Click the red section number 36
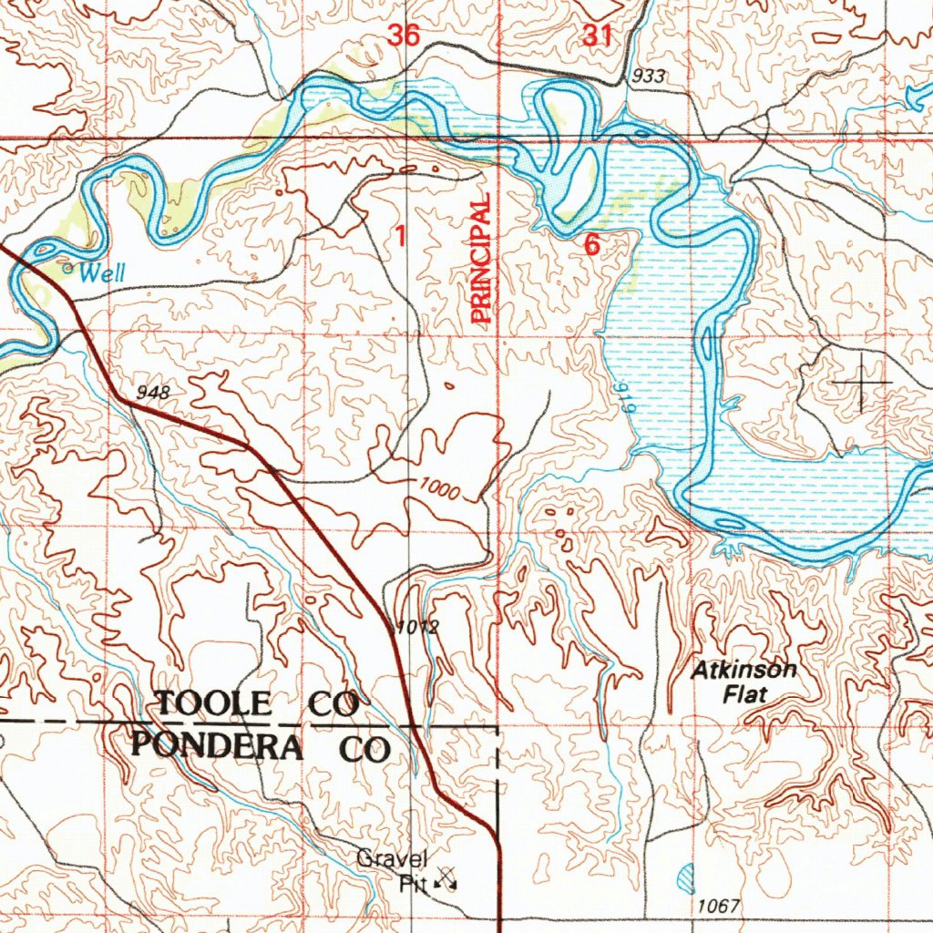pyautogui.click(x=403, y=36)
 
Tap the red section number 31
pyautogui.click(x=597, y=36)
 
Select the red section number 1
pyautogui.click(x=399, y=235)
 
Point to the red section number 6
pyautogui.click(x=592, y=244)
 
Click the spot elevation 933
pyautogui.click(x=648, y=77)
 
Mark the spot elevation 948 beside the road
pyautogui.click(x=153, y=393)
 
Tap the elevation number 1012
pyautogui.click(x=418, y=628)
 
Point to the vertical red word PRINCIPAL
pyautogui.click(x=481, y=259)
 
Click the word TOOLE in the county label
pyautogui.click(x=214, y=703)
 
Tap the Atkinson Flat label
pyautogui.click(x=743, y=682)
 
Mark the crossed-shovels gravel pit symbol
pyautogui.click(x=446, y=878)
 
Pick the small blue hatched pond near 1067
pyautogui.click(x=688, y=878)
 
